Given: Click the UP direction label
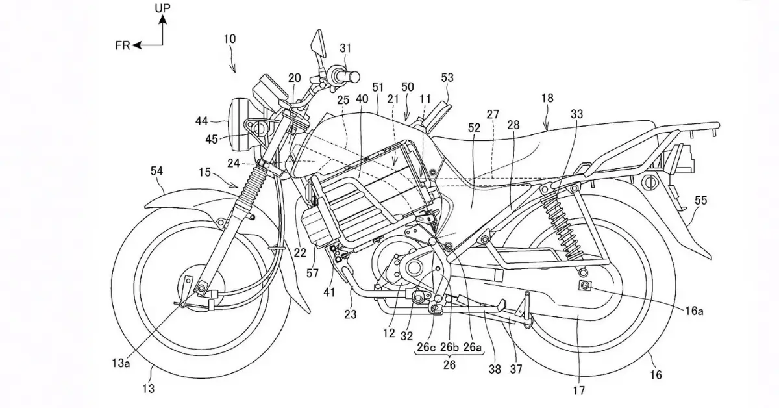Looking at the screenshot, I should click(163, 8).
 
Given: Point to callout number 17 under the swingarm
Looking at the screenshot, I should click(579, 391).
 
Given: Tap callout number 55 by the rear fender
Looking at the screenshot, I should click(701, 201).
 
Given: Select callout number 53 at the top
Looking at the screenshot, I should click(447, 78).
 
